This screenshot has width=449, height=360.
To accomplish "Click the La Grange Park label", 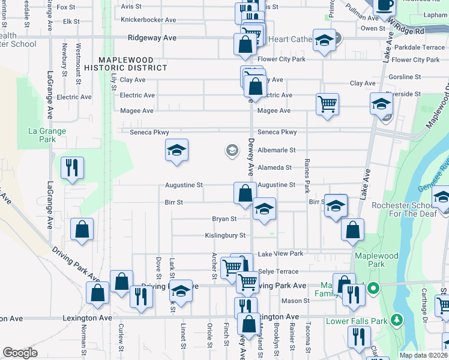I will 47,135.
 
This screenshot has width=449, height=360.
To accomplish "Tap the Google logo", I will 20,353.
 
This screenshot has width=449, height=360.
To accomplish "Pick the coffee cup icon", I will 384,5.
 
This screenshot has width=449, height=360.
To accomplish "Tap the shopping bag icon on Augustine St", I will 244,193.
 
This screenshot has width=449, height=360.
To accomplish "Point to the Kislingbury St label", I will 225,236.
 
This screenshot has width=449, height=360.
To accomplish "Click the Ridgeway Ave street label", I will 152,37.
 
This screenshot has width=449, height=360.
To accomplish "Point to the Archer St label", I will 214,261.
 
